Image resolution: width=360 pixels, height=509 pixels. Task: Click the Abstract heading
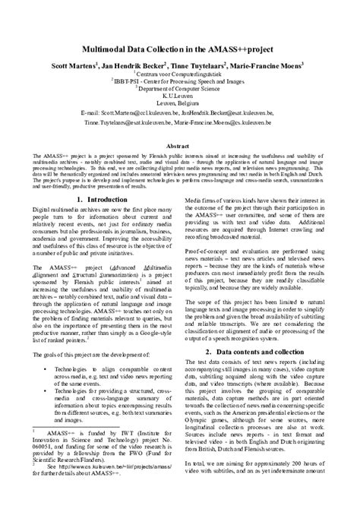click(180, 144)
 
